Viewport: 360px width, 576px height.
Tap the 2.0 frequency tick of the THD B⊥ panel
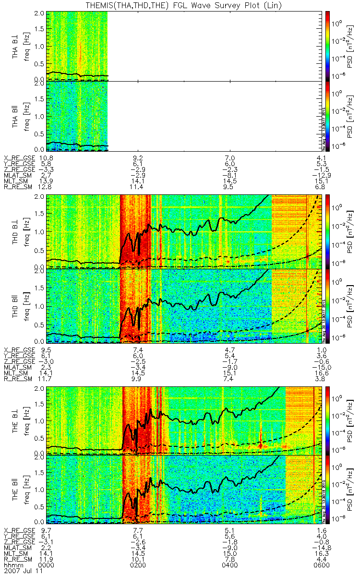click(x=41, y=197)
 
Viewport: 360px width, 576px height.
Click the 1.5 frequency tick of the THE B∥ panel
click(x=41, y=472)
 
